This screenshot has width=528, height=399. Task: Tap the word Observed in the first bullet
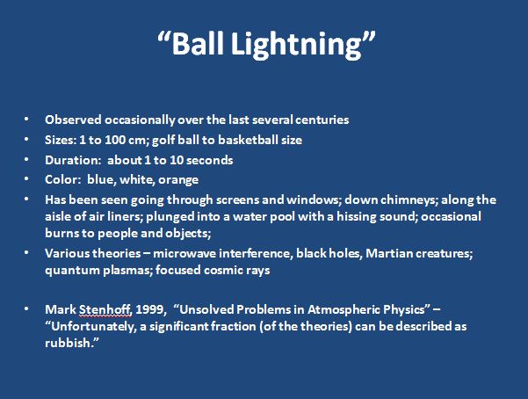(x=73, y=120)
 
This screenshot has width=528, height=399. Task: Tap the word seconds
(x=209, y=160)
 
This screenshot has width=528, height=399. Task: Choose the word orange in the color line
(x=178, y=180)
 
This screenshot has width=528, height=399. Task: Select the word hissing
(x=357, y=217)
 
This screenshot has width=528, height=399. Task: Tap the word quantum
(x=72, y=271)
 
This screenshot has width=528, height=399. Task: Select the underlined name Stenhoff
(x=105, y=309)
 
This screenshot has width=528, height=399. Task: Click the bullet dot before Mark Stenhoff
(x=26, y=309)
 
